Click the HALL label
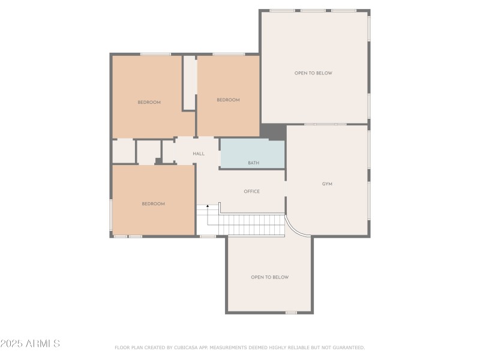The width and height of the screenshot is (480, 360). pyautogui.click(x=199, y=154)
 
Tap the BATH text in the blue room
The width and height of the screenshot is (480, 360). pyautogui.click(x=254, y=163)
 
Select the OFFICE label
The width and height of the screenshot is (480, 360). pyautogui.click(x=251, y=191)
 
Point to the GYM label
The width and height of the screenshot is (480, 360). pyautogui.click(x=327, y=184)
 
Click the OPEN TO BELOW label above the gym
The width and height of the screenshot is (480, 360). pyautogui.click(x=313, y=73)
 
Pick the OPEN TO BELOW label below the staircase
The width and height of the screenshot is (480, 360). pyautogui.click(x=269, y=277)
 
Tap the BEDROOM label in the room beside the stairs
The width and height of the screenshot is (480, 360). pyautogui.click(x=153, y=204)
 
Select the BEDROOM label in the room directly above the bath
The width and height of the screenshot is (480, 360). pyautogui.click(x=228, y=100)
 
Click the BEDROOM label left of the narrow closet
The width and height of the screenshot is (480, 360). pyautogui.click(x=149, y=103)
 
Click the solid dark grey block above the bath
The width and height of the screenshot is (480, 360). pyautogui.click(x=273, y=131)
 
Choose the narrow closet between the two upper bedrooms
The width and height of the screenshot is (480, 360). pyautogui.click(x=190, y=83)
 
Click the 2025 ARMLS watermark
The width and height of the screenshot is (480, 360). pyautogui.click(x=30, y=344)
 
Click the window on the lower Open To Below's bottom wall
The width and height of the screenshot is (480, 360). pyautogui.click(x=291, y=312)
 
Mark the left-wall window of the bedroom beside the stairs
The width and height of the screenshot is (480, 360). pyautogui.click(x=111, y=215)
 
